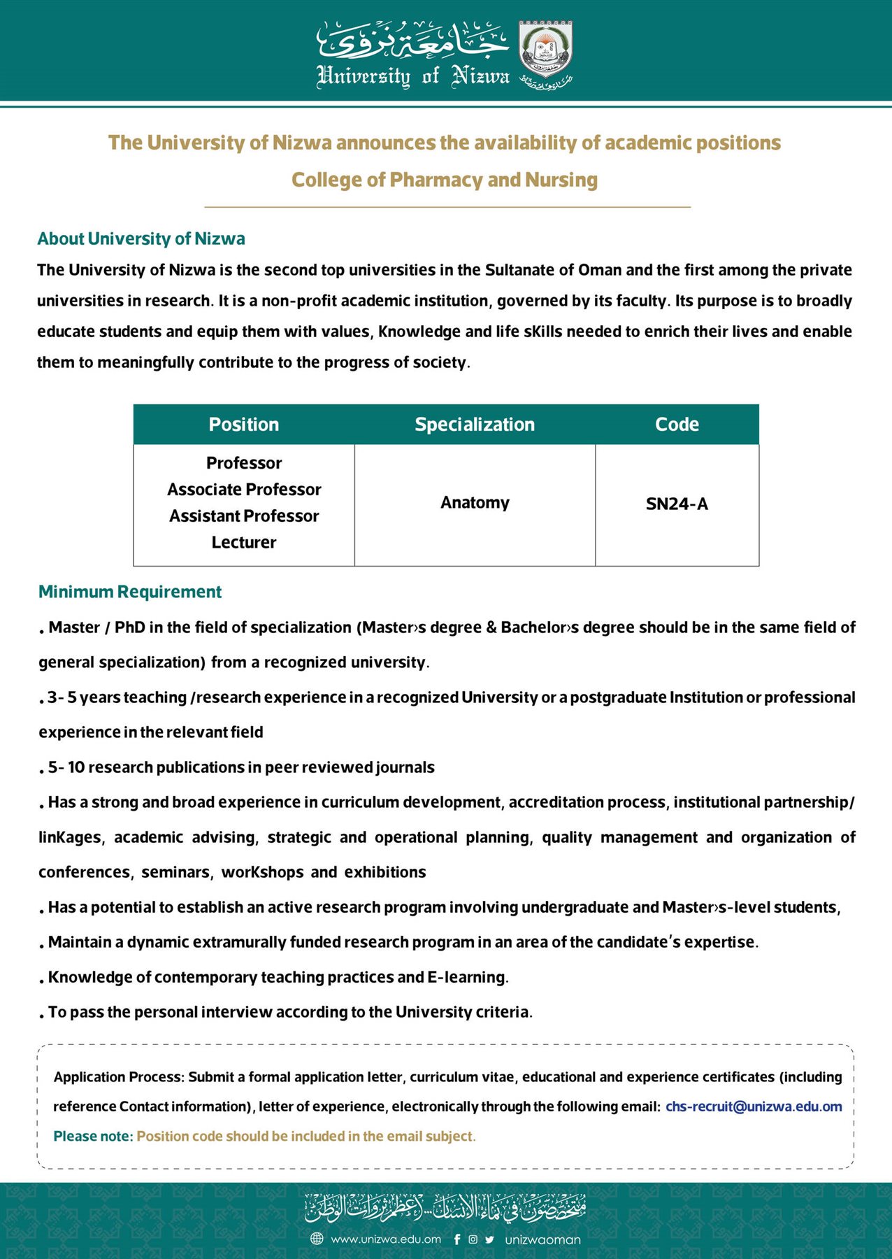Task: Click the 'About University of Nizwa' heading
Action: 141,239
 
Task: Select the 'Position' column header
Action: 243,425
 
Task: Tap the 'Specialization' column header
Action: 475,425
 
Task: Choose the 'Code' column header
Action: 677,425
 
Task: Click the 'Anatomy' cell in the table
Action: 475,503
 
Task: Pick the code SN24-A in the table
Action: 677,504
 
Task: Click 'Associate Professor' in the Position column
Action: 244,490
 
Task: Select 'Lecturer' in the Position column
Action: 244,543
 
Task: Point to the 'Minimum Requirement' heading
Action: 130,592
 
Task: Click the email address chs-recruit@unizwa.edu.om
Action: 754,1107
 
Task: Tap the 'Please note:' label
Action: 93,1136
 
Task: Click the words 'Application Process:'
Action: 119,1077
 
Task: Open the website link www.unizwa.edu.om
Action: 386,1239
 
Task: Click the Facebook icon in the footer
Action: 457,1239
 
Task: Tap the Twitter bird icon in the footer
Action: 489,1239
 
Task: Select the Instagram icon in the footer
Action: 473,1239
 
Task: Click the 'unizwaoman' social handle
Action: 543,1239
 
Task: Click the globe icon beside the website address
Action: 317,1239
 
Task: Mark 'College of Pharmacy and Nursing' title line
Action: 445,180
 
